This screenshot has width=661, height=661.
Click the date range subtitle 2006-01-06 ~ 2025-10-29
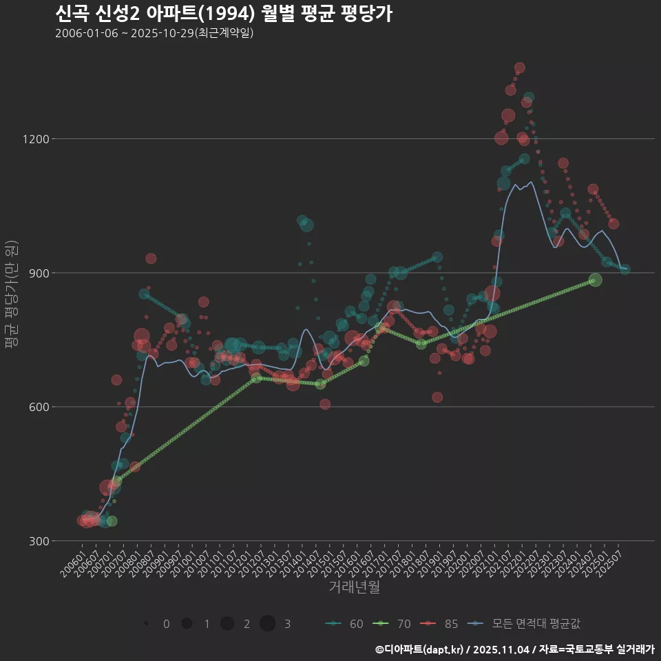(x=155, y=33)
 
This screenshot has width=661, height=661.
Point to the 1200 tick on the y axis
(x=35, y=139)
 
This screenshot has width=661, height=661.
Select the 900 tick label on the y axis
(x=38, y=273)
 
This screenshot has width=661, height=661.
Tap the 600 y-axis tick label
(x=38, y=407)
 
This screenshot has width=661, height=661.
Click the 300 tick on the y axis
(x=38, y=541)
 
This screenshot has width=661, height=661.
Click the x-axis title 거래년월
(x=354, y=587)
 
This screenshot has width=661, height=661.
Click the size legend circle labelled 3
(x=268, y=624)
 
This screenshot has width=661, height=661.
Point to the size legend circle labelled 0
(x=147, y=624)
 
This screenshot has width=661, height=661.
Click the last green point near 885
(x=596, y=280)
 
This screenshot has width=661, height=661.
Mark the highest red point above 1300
(x=520, y=67)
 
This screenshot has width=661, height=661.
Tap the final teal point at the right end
(x=625, y=269)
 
